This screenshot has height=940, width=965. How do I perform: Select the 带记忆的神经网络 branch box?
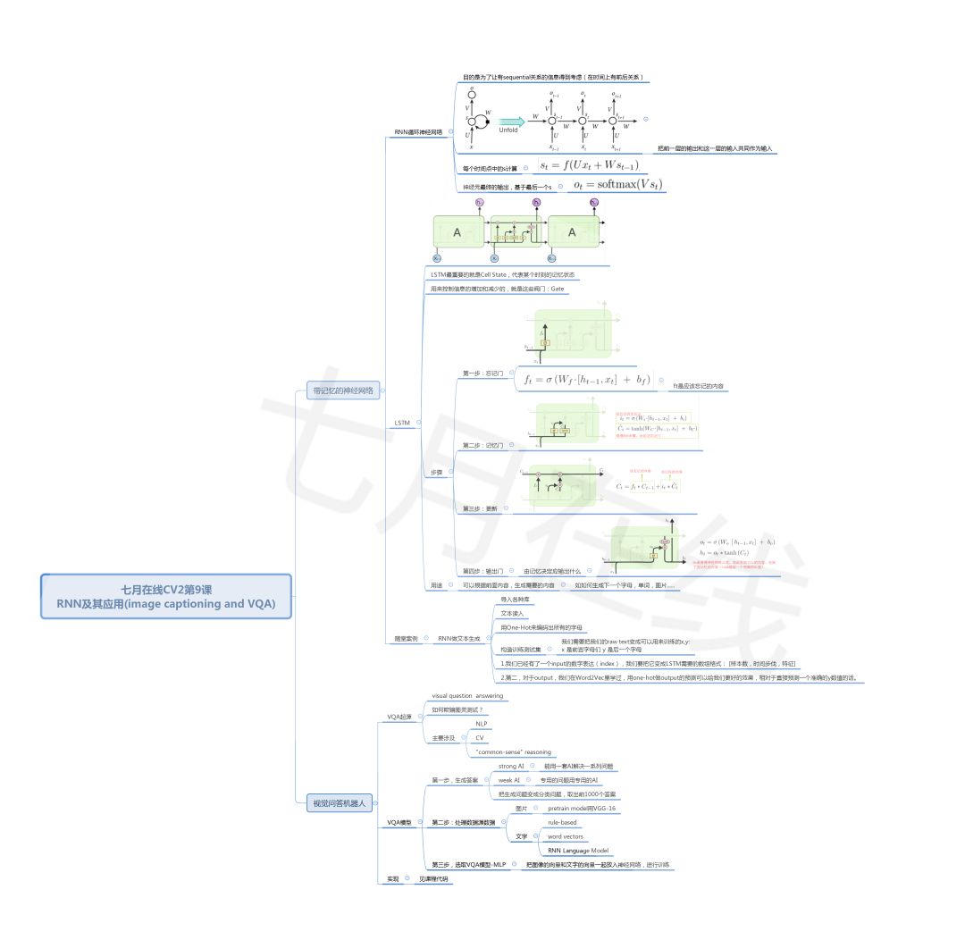(343, 390)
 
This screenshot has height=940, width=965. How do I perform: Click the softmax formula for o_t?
(617, 184)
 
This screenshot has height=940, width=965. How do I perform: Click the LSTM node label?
(403, 422)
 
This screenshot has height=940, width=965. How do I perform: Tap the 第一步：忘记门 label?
(483, 373)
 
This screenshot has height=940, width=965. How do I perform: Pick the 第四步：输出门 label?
(482, 570)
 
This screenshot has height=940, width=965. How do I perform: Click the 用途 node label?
(436, 585)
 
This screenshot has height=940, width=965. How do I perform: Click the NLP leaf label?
(481, 724)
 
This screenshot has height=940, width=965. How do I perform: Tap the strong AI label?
(511, 767)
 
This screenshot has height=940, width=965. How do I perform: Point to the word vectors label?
(566, 836)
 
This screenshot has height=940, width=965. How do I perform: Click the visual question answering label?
(467, 695)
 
